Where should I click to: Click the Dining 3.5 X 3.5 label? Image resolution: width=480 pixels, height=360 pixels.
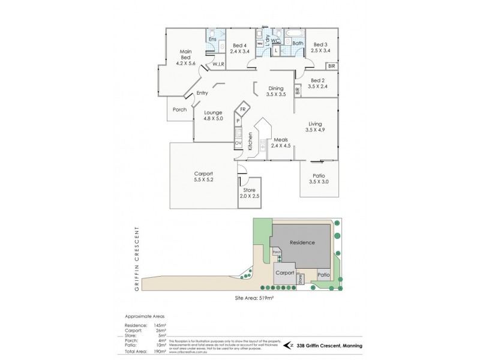(276, 92)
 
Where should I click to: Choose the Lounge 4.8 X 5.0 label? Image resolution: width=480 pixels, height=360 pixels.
(213, 116)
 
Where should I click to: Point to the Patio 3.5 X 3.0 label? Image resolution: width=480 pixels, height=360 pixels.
(319, 179)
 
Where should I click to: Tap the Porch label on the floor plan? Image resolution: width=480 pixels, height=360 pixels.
(179, 110)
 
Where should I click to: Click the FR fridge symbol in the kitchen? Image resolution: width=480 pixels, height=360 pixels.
(242, 110)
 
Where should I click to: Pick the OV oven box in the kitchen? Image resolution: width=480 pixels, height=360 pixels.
(238, 143)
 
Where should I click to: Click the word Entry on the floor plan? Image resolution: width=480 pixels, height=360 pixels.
(202, 93)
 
